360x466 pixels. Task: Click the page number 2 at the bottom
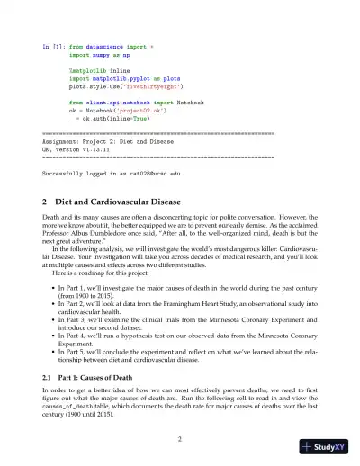(180, 439)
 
